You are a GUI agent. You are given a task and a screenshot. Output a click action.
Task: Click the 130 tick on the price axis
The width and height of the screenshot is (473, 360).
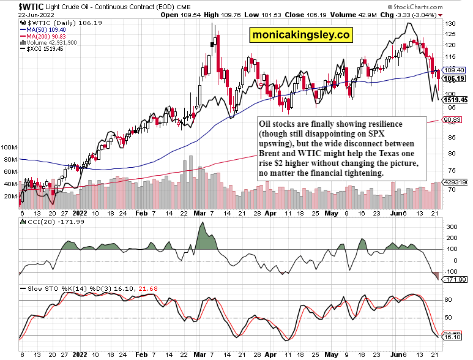tap(450, 23)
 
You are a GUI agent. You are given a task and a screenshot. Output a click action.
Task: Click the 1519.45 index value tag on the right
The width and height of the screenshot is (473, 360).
tap(458, 99)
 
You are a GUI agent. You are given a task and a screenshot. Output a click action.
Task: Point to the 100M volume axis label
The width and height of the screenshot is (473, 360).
tap(9, 148)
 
